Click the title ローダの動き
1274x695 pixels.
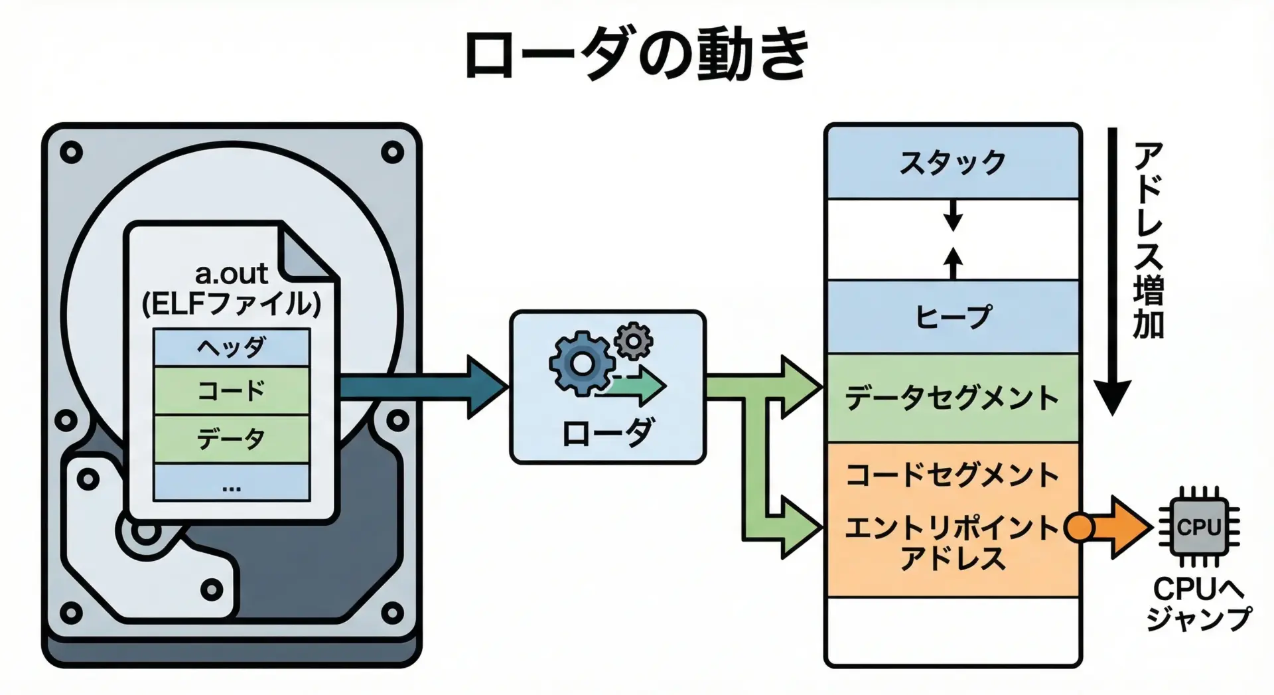[x=637, y=54]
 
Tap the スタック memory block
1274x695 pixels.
[x=952, y=162]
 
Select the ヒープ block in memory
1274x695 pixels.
[x=952, y=317]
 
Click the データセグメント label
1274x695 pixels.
[x=952, y=398]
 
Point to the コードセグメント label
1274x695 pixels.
[x=952, y=475]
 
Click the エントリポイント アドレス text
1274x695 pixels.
[x=952, y=543]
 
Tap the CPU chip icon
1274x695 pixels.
[x=1198, y=528]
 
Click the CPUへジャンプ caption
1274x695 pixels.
[x=1198, y=604]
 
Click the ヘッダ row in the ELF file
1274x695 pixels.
[x=232, y=347]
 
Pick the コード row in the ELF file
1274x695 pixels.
[x=232, y=390]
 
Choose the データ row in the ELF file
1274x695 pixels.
[x=232, y=439]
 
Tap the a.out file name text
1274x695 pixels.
[x=231, y=273]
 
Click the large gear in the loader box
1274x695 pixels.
[x=581, y=364]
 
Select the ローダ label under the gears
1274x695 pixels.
[x=607, y=433]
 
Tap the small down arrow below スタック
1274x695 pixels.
[x=953, y=215]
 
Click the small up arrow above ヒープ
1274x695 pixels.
[x=953, y=263]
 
